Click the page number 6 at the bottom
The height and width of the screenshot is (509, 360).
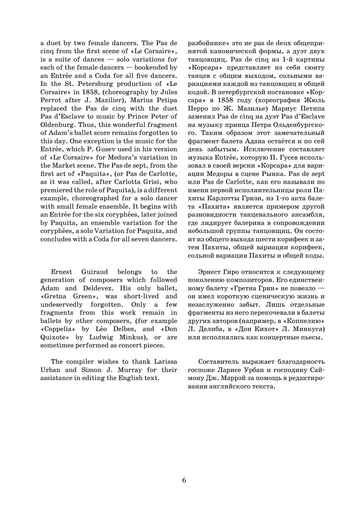[184, 480]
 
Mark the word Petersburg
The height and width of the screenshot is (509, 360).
[88, 84]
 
